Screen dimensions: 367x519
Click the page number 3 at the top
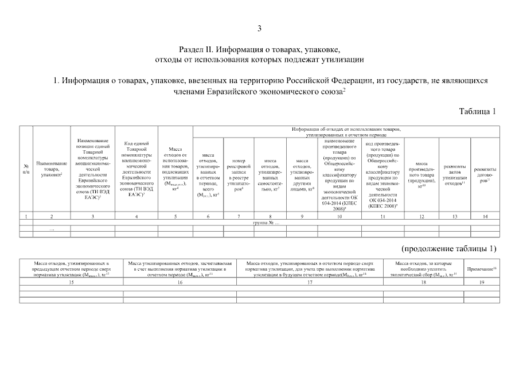pyautogui.click(x=259, y=28)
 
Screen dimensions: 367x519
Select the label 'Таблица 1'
pyautogui.click(x=477, y=111)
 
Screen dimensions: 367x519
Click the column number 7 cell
pyautogui.click(x=239, y=216)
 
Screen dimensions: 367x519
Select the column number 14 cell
pyautogui.click(x=484, y=216)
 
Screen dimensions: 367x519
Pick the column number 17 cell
pyautogui.click(x=310, y=282)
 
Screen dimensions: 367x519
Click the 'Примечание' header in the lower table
pyautogui.click(x=482, y=269)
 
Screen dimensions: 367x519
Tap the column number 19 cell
pyautogui.click(x=482, y=282)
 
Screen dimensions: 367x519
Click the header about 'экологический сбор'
pyautogui.click(x=424, y=269)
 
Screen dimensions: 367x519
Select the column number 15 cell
pyautogui.click(x=71, y=282)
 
